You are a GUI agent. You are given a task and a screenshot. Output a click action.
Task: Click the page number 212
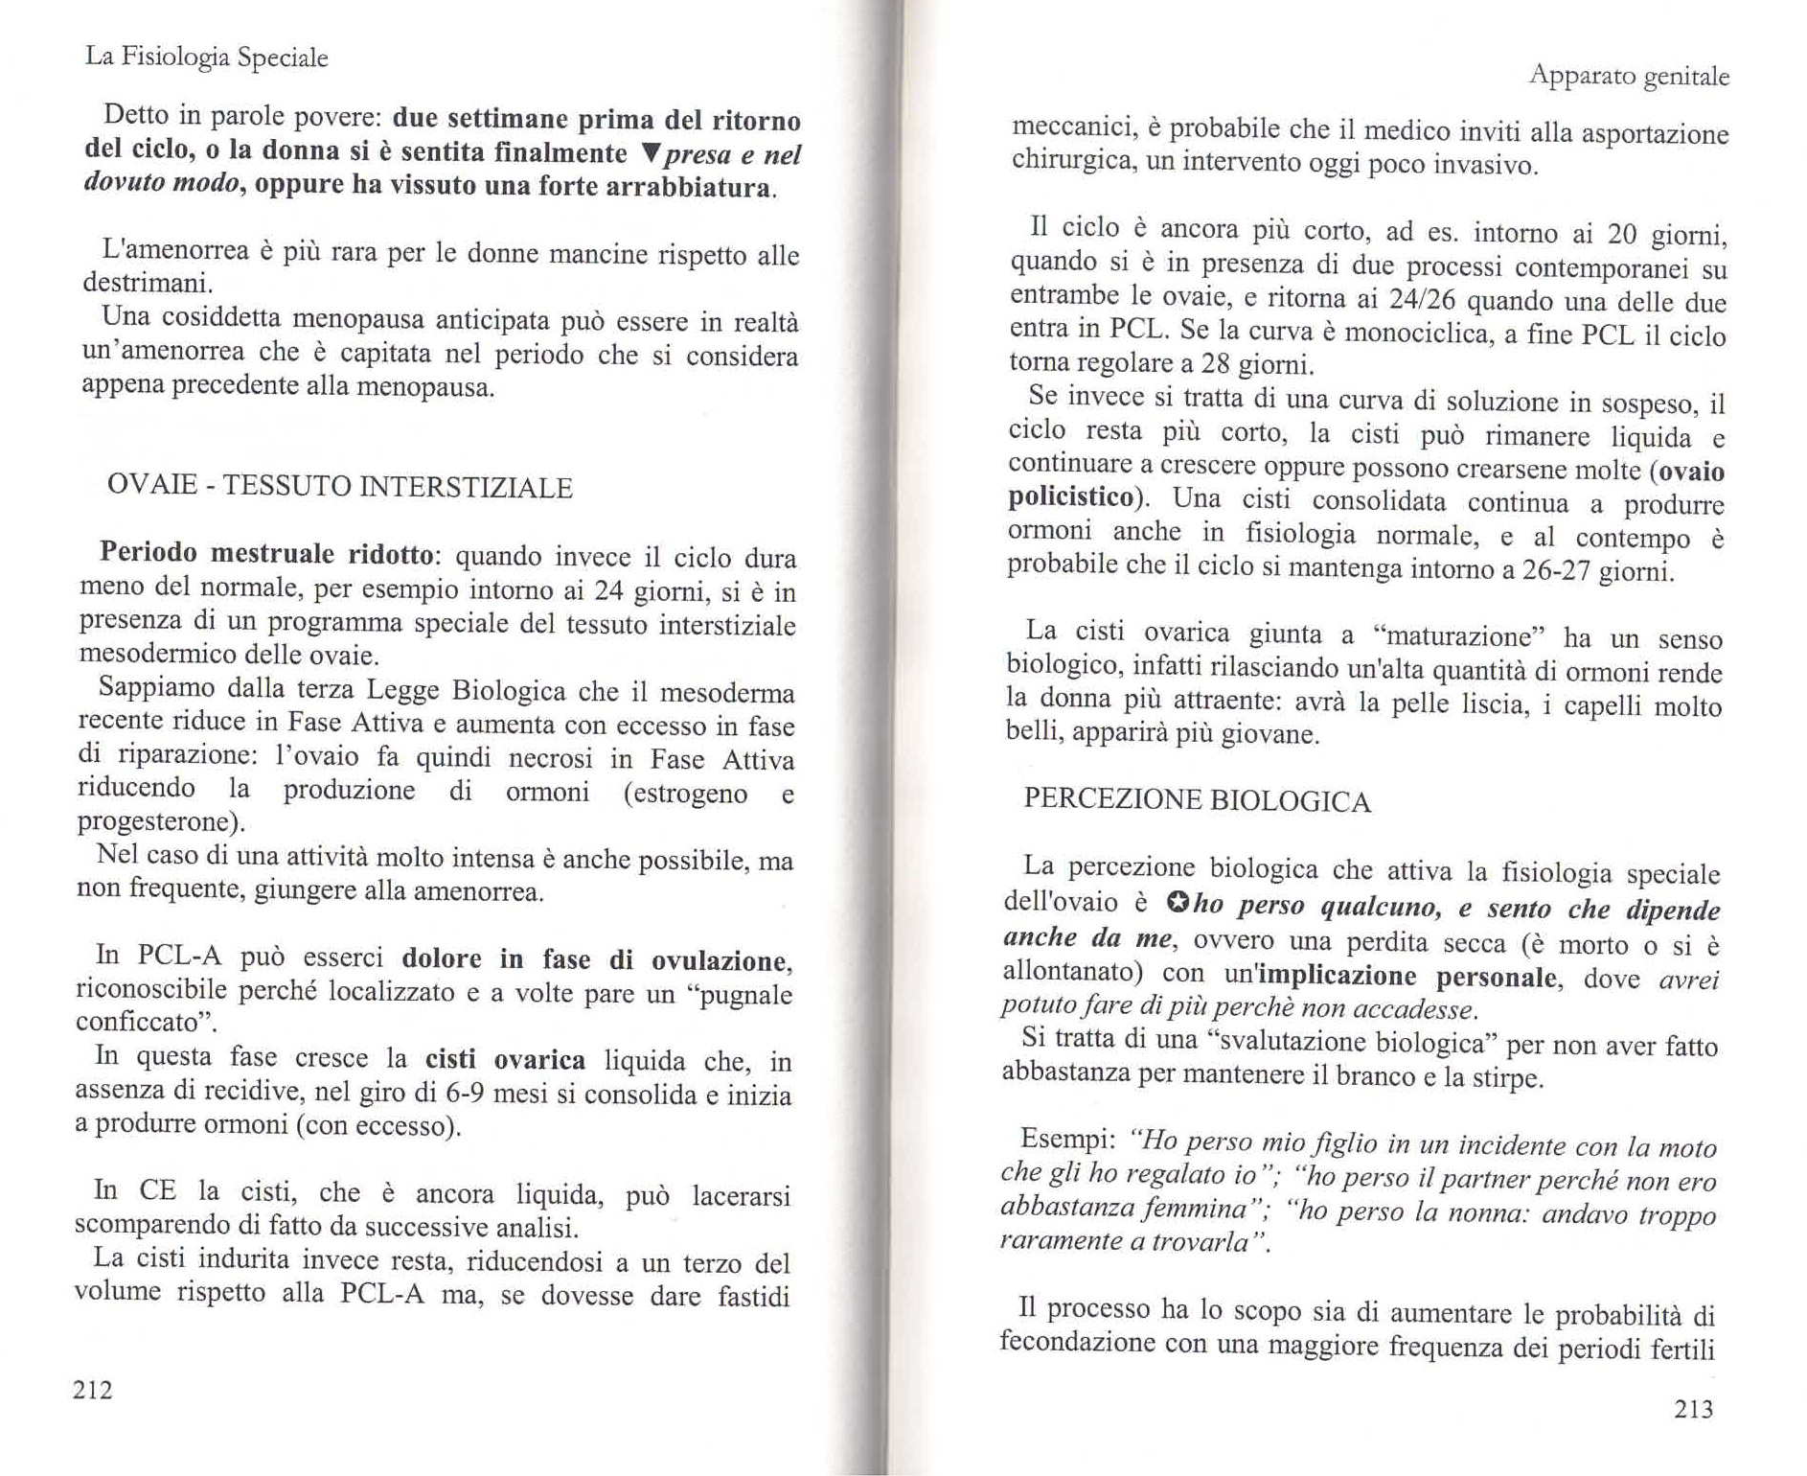[x=93, y=1390]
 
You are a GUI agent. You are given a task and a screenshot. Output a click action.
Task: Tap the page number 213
[x=1693, y=1408]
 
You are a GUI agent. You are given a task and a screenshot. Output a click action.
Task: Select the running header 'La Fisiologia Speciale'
[x=207, y=58]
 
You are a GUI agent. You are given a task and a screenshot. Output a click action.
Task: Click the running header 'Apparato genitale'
[x=1629, y=76]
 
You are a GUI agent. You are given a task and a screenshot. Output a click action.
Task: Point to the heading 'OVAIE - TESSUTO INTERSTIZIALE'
[x=339, y=487]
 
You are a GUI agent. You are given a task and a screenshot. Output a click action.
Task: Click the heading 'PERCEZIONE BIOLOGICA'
[x=1197, y=800]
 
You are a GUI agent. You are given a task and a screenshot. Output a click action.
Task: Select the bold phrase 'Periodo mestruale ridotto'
[x=267, y=554]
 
